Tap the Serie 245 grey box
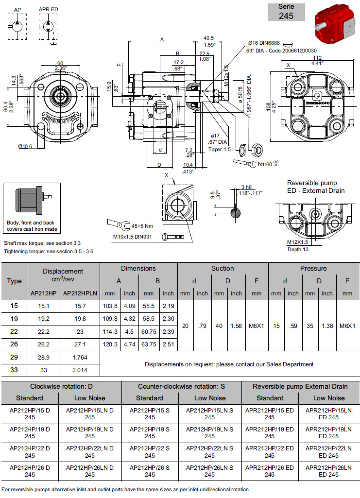[x=286, y=12]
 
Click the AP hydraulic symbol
[x=17, y=22]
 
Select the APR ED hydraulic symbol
[x=49, y=22]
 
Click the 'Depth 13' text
[x=297, y=249]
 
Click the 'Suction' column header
[x=223, y=268]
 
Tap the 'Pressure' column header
[x=313, y=268]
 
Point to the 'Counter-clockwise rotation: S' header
[x=181, y=386]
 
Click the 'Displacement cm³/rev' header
[x=63, y=275]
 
